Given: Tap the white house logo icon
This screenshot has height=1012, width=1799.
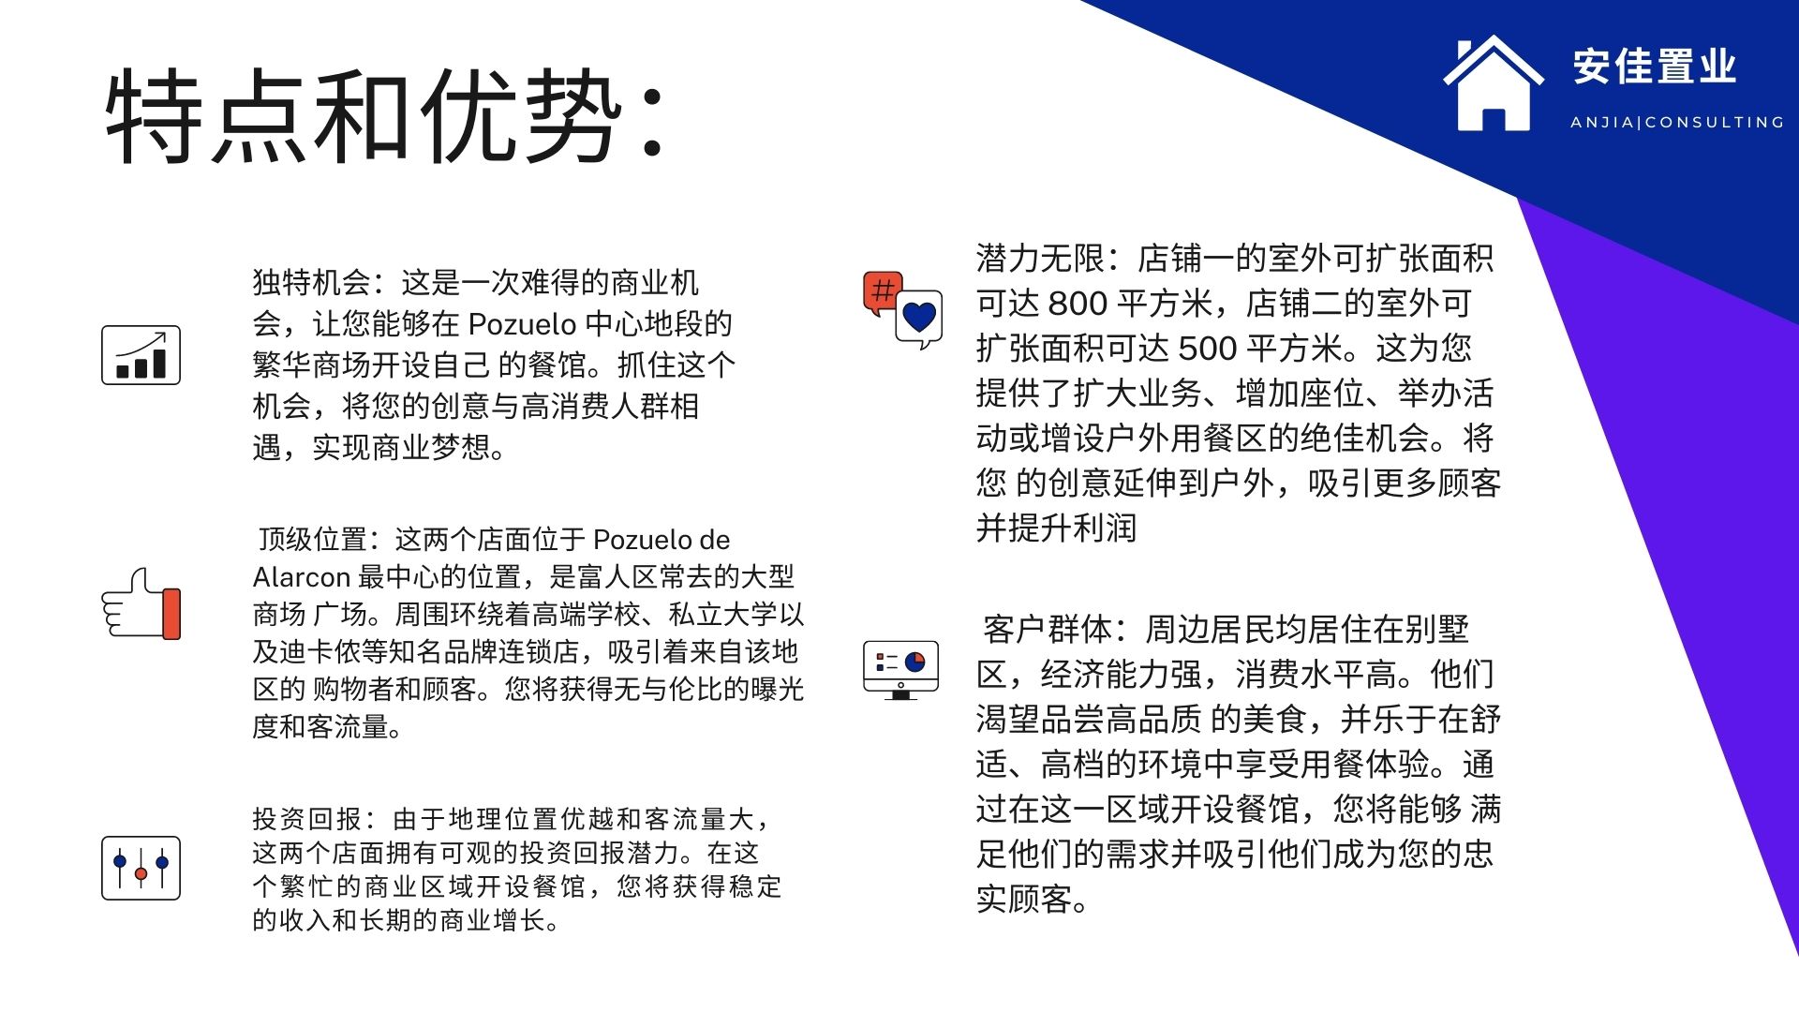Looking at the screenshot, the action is point(1494,84).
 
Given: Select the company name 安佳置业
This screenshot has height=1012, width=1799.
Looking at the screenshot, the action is point(1655,67).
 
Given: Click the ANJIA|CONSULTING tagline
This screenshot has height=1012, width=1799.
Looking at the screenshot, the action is point(1677,122).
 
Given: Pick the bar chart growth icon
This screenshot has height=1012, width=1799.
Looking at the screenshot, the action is point(141,355).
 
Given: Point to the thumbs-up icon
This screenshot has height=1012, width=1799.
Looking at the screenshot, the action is point(141,604).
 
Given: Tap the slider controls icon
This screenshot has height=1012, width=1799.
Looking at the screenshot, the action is point(141,869).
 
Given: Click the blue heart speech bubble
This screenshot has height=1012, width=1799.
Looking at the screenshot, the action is point(919,319).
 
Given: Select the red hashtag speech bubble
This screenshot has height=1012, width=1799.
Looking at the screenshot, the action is point(882,292).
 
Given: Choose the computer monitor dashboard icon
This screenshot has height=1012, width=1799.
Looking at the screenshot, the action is point(900,669).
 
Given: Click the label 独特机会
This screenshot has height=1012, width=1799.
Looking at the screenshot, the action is point(311,282).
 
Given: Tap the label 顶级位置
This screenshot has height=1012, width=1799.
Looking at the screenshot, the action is point(313,540).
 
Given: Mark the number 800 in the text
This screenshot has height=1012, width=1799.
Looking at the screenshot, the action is point(1078,304).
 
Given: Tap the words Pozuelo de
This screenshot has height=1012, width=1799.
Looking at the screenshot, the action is point(662,540).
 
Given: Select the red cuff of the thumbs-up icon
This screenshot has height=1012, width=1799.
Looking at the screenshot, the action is point(171,614).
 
